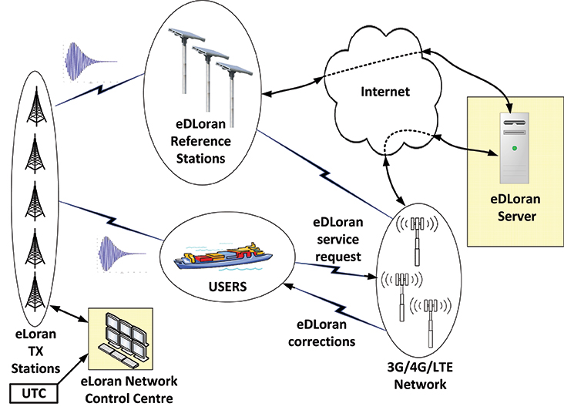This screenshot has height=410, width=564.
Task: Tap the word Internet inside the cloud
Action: point(386,92)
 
